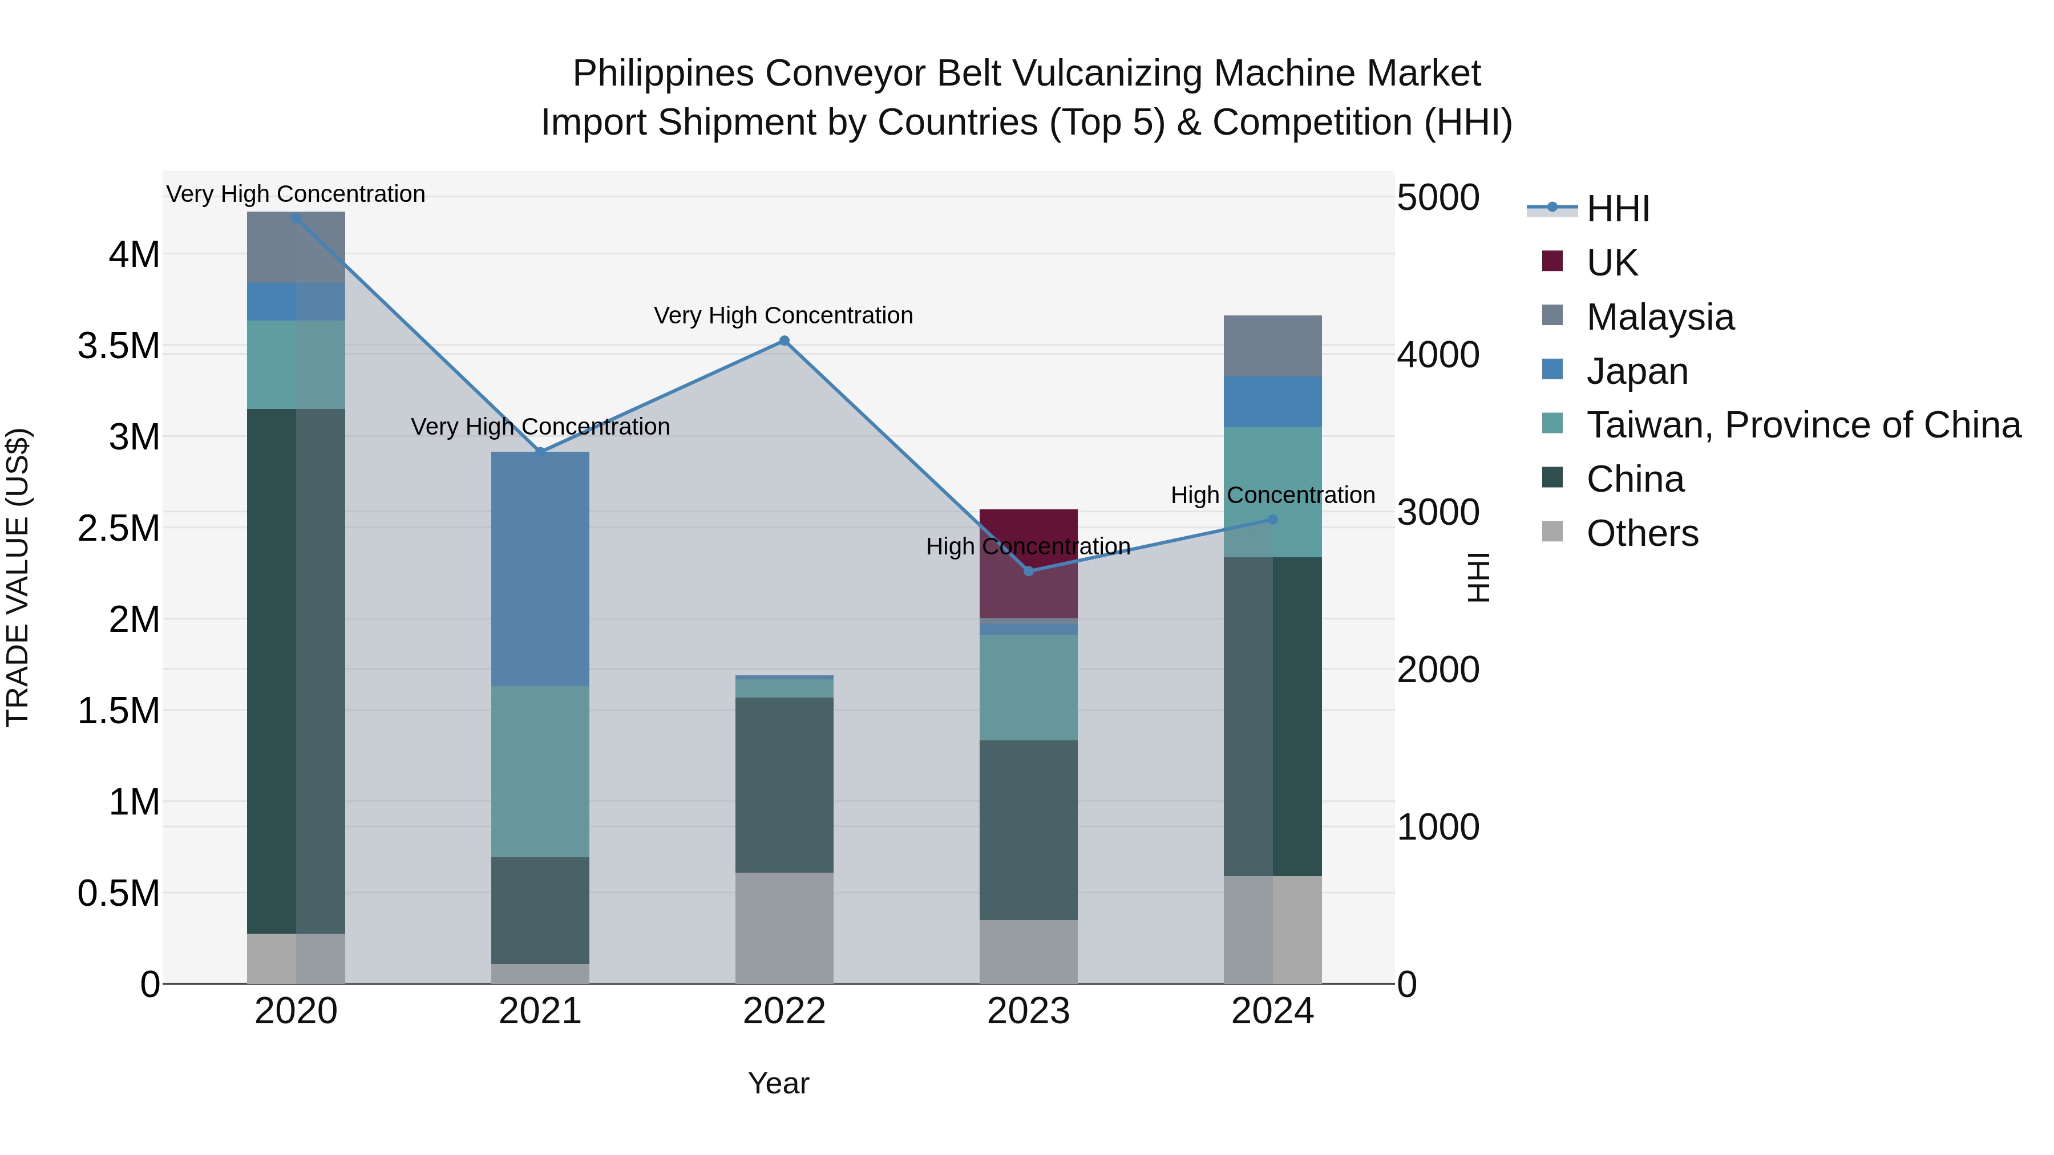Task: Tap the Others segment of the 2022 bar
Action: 784,928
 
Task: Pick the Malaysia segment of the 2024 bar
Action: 1272,346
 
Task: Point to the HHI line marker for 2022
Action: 784,341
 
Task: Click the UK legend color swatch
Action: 1552,261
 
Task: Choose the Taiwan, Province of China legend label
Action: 1804,425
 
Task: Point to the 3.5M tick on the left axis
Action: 119,347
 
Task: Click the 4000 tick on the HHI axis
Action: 1438,355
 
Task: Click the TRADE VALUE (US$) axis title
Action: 18,577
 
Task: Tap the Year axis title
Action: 778,1083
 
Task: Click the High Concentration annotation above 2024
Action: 1272,495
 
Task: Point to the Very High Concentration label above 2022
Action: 783,315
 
